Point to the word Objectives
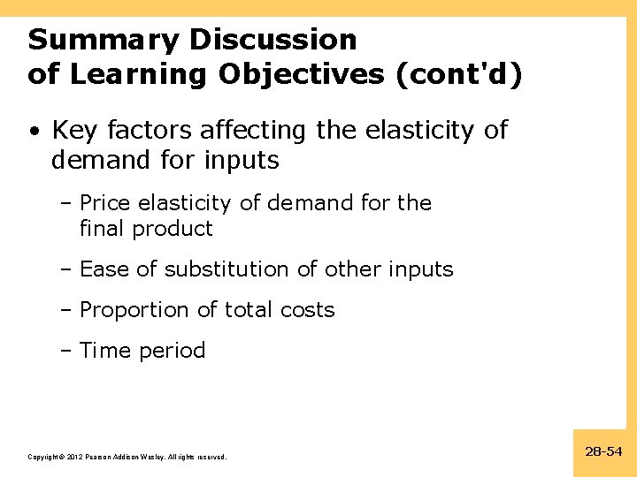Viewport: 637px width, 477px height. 303,74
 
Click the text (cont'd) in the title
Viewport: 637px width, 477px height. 460,74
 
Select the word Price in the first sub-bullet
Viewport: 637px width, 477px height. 104,203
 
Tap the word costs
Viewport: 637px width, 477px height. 305,310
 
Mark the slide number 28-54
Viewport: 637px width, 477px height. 603,451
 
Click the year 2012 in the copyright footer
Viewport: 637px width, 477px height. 73,457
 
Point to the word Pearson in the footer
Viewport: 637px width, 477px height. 100,457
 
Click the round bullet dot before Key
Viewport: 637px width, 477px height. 33,132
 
